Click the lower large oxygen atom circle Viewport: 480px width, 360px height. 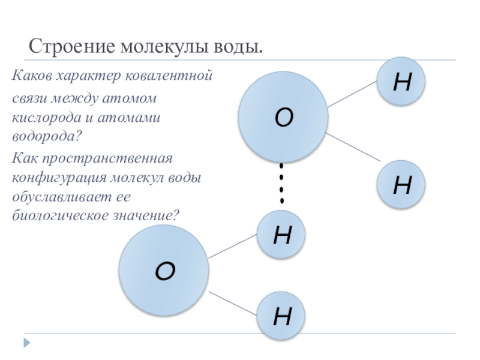click(x=164, y=271)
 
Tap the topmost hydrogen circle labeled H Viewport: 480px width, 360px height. click(x=401, y=82)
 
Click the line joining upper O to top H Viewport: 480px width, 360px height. click(x=353, y=94)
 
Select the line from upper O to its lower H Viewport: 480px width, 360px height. click(x=354, y=147)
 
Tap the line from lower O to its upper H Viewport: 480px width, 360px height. click(x=232, y=246)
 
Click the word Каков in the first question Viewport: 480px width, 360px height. click(x=32, y=77)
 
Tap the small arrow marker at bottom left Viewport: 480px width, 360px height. click(x=27, y=343)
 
